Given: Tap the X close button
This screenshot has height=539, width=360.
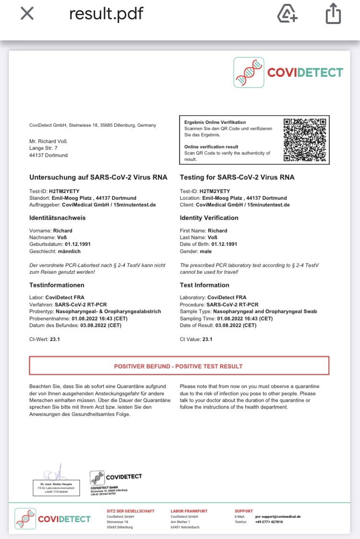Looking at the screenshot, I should tap(27, 14).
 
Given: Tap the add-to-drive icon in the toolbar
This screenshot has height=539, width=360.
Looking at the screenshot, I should tap(288, 14).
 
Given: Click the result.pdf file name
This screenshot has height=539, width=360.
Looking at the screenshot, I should tap(106, 13).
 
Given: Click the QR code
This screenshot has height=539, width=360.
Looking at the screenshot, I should tap(305, 140).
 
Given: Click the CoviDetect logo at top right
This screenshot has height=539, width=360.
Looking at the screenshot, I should tap(288, 73).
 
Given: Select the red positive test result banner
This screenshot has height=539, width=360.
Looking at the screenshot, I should tap(179, 366).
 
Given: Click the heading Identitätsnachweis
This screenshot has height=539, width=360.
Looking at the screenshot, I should tap(58, 218).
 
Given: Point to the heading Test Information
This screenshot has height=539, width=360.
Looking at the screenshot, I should tap(204, 285).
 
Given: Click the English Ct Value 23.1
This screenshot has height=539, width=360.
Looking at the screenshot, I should tap(196, 339).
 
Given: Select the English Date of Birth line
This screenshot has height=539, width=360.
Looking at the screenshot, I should tap(208, 244).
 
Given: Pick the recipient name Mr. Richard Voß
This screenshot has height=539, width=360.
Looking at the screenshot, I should tap(47, 142).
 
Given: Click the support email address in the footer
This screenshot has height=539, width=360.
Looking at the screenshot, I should tap(278, 516).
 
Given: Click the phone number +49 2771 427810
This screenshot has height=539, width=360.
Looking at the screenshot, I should tap(269, 522).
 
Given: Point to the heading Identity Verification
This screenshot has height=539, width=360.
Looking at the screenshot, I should tap(209, 218).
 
